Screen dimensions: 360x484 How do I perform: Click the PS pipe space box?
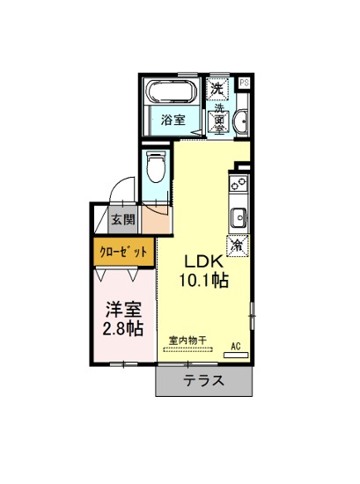[245, 83]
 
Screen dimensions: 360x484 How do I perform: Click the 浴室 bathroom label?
[173, 120]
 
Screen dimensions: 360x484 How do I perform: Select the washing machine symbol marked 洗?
[217, 89]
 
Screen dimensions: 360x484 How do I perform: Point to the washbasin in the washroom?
[241, 122]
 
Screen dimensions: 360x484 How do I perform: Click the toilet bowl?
[155, 166]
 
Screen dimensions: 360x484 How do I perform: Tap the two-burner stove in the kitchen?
[239, 183]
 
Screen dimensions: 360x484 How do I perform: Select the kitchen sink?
[239, 218]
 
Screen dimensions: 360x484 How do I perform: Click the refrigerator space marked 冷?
[238, 246]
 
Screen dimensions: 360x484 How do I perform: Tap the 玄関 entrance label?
[123, 219]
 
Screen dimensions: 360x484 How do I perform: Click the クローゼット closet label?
[123, 253]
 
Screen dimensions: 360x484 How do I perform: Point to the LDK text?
[204, 261]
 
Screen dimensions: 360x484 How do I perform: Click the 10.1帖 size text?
[204, 281]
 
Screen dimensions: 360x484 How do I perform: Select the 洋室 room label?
[123, 309]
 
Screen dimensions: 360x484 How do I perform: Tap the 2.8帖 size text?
[122, 328]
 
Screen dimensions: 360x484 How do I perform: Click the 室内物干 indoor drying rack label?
[187, 341]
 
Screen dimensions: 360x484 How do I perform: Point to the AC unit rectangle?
[236, 356]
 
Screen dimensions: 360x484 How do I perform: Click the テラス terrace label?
[204, 380]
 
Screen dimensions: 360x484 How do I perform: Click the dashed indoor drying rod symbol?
[187, 350]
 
